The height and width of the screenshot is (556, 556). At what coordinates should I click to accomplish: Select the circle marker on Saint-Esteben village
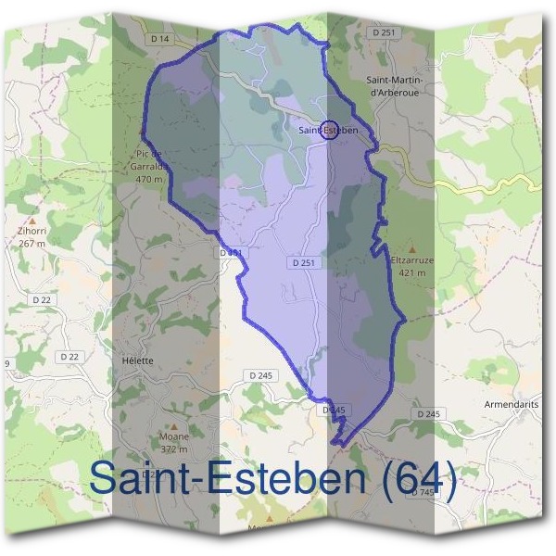click(329, 129)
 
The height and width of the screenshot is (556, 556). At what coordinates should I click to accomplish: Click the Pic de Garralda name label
click(148, 161)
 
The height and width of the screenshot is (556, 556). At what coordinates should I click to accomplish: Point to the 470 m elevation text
click(149, 179)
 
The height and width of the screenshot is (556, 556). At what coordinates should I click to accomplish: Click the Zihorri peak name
click(32, 233)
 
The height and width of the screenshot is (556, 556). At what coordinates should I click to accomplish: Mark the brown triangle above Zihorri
click(32, 221)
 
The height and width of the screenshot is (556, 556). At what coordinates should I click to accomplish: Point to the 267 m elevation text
click(32, 244)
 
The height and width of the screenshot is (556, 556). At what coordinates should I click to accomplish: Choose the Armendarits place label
click(512, 405)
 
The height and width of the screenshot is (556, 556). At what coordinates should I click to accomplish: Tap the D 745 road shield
click(423, 492)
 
